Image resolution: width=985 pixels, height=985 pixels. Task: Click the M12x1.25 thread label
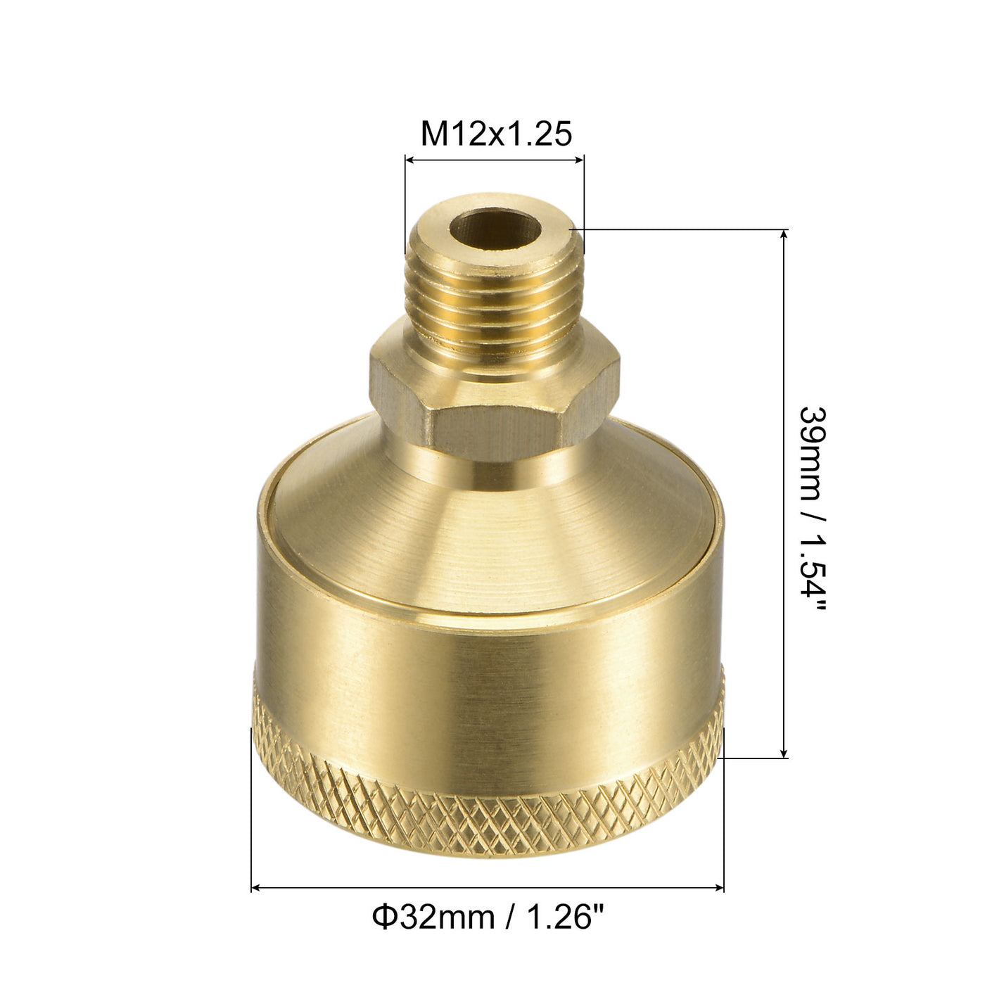495,133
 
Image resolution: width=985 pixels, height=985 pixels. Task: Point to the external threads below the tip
495,303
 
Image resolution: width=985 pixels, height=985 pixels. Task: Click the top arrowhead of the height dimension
784,235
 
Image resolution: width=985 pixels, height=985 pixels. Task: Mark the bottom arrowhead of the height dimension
784,753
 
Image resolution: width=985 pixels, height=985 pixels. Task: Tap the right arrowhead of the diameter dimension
718,889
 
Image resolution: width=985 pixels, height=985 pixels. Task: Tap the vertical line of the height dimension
784,493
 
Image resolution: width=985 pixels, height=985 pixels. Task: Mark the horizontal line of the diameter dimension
488,889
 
